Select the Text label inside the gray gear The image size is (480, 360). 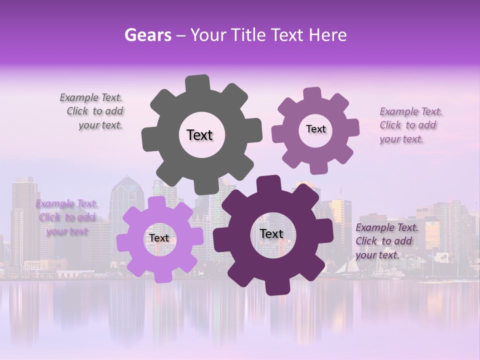click(199, 135)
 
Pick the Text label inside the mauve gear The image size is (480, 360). click(315, 129)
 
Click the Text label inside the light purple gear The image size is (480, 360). click(159, 238)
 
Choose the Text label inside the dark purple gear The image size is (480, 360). click(271, 233)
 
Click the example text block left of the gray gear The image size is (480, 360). click(93, 111)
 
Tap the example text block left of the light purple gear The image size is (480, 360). click(66, 217)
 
